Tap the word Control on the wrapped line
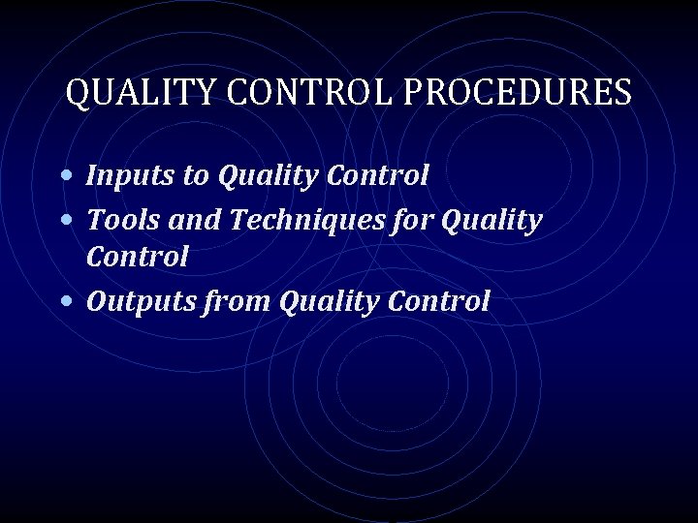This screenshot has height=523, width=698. [x=138, y=258]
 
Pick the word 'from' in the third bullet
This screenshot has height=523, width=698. [x=240, y=301]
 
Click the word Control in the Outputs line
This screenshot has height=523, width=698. [x=438, y=301]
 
